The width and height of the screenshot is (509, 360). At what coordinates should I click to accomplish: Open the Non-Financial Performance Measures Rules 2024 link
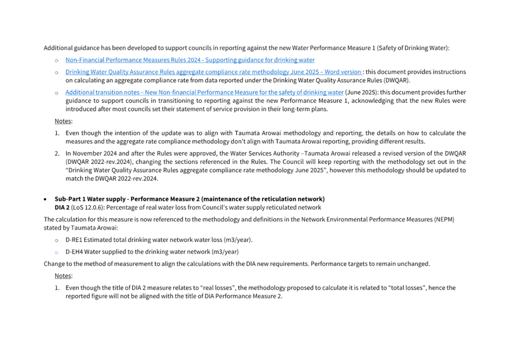click(x=190, y=60)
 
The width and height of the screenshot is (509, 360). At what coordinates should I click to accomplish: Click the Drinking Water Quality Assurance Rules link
click(x=214, y=72)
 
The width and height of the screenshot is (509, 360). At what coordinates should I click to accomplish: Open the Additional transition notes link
click(x=204, y=93)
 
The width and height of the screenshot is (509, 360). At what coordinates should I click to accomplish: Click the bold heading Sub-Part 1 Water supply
click(x=190, y=199)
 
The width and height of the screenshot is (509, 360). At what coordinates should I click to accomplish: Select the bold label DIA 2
click(x=62, y=208)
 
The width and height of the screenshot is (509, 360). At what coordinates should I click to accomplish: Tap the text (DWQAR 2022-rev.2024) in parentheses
click(x=100, y=162)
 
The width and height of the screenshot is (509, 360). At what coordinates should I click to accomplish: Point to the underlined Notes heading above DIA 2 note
click(x=63, y=276)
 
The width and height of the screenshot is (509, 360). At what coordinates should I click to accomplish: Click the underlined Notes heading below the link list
click(x=63, y=121)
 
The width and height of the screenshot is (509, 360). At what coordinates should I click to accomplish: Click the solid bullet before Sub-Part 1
click(x=45, y=199)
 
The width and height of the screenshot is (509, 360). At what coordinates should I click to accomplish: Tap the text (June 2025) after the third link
click(x=361, y=93)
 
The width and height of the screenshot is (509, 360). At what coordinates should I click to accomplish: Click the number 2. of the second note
click(x=57, y=154)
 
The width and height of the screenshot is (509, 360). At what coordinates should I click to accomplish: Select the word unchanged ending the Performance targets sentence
click(x=415, y=264)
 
